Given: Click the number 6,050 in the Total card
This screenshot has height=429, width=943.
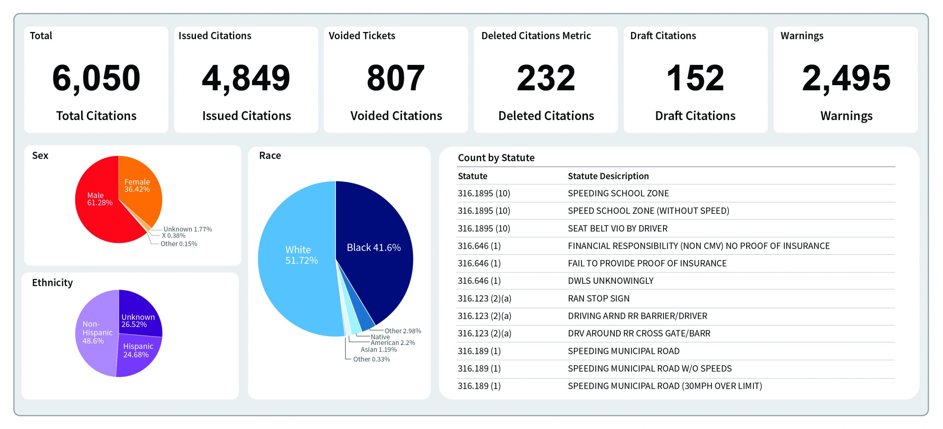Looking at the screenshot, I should click(96, 78).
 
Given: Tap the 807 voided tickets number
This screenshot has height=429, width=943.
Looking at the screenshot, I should click(396, 78).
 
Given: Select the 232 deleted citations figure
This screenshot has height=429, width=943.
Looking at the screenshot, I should click(546, 78).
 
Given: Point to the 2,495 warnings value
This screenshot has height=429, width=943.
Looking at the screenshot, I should click(846, 78).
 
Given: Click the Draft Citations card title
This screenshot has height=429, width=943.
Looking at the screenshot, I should click(663, 36).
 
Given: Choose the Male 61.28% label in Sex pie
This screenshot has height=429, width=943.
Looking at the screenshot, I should click(99, 199).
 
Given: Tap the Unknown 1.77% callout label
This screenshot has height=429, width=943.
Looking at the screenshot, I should click(187, 229).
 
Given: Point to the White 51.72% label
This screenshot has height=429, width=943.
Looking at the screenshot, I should click(301, 255).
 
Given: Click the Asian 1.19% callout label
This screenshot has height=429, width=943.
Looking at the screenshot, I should click(378, 349).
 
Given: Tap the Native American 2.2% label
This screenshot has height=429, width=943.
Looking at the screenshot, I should click(392, 340).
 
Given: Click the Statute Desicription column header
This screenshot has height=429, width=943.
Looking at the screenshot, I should click(608, 176).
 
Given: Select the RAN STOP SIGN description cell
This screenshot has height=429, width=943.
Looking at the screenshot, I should click(598, 299).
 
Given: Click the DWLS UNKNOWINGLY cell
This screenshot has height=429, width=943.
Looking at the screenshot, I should click(610, 281).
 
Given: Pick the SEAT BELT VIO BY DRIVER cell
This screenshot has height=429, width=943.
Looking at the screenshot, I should click(617, 229).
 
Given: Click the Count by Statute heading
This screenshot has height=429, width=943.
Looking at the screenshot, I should click(496, 158).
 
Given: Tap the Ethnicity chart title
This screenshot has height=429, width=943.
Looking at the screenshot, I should click(52, 283).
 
